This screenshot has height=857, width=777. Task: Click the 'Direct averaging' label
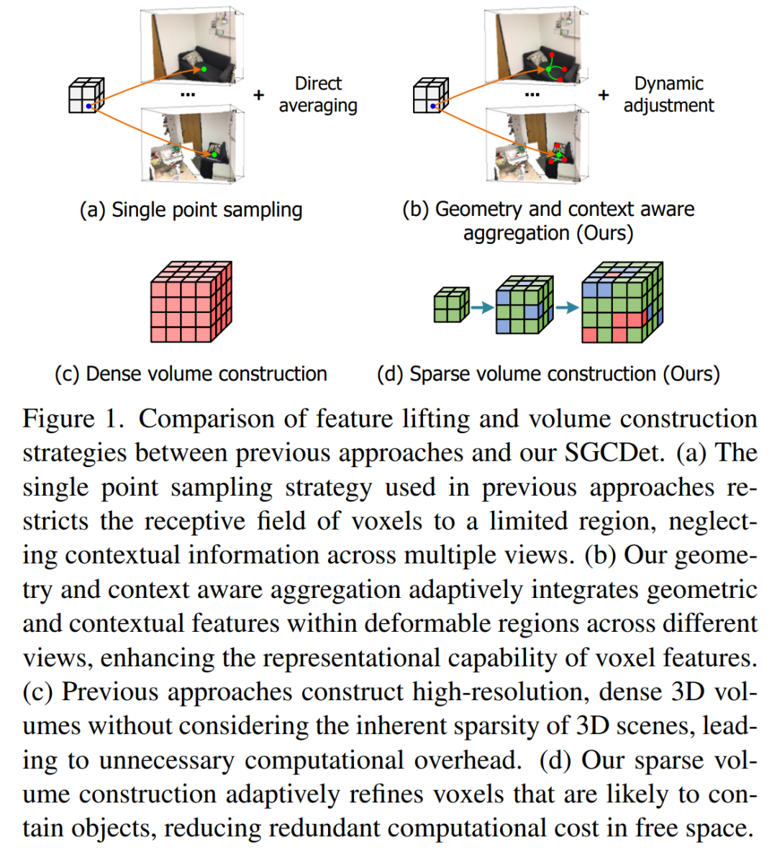point(318,94)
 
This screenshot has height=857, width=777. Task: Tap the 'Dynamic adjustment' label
point(668,94)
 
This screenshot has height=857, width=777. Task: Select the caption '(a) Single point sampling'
point(191,209)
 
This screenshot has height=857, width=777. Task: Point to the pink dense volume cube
point(191,301)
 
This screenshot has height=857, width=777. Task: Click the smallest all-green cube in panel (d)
point(451,305)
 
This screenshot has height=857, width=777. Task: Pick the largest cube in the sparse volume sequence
point(622,302)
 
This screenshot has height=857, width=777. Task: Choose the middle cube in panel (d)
point(524,304)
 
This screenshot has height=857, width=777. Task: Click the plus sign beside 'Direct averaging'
point(259,95)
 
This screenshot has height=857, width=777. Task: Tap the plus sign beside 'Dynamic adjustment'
point(604,95)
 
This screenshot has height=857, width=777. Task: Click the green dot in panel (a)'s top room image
point(204,69)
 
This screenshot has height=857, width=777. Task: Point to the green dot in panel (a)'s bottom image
point(214,155)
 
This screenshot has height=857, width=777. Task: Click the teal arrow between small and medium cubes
point(482,307)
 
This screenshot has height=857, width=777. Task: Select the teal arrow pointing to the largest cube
point(568,307)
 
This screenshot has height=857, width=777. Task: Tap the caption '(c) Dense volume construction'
point(191,373)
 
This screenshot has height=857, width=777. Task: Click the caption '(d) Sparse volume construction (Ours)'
point(548,373)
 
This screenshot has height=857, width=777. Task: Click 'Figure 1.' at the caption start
point(68,419)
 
